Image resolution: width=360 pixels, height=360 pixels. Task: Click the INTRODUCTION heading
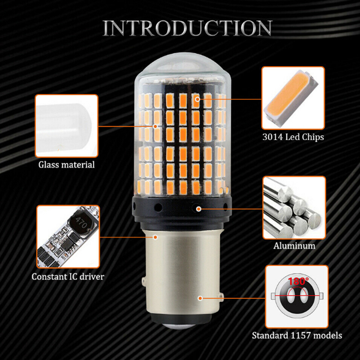click(187, 28)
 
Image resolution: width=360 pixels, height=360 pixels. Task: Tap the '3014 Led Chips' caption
click(293, 137)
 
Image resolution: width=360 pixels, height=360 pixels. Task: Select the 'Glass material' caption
click(66, 165)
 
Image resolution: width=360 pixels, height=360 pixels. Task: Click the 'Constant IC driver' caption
click(68, 277)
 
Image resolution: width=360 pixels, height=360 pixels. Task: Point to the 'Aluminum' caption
click(294, 246)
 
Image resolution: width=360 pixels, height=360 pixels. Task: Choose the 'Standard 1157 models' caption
click(297, 336)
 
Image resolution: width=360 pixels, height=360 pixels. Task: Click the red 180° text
click(298, 281)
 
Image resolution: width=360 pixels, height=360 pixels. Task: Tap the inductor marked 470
click(81, 223)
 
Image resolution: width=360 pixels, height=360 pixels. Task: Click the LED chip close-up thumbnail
click(293, 98)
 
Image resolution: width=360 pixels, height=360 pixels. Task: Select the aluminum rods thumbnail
click(294, 208)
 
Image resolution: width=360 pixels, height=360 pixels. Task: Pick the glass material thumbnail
click(66, 126)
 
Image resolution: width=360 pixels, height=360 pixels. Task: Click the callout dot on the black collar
click(199, 209)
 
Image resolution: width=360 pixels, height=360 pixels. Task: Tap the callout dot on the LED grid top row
click(198, 99)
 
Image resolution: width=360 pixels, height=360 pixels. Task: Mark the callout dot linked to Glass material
click(155, 126)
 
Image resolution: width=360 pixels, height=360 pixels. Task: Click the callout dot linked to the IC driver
click(156, 237)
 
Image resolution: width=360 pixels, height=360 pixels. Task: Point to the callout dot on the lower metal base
click(200, 298)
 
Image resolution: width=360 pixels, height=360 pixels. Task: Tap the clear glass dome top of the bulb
click(183, 66)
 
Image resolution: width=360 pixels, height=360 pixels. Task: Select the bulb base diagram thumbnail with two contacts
click(297, 297)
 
